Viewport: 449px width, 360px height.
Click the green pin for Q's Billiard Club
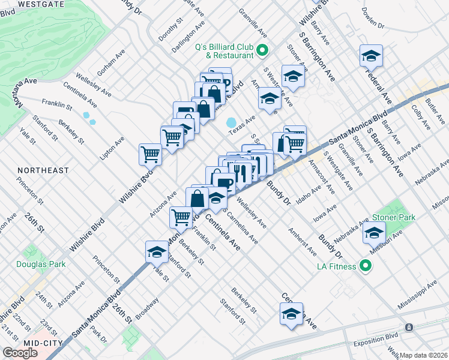point(262,50)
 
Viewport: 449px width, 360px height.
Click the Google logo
point(20,353)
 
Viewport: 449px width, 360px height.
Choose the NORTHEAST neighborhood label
point(43,170)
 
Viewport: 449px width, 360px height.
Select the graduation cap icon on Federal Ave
point(371,56)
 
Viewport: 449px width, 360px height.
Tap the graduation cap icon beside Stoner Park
point(374,232)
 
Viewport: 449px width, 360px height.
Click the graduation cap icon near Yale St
point(157,252)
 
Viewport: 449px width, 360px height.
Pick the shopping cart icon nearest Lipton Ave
point(149,154)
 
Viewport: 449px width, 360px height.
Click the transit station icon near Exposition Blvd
point(408,328)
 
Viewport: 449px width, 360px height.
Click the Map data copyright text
point(424,355)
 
